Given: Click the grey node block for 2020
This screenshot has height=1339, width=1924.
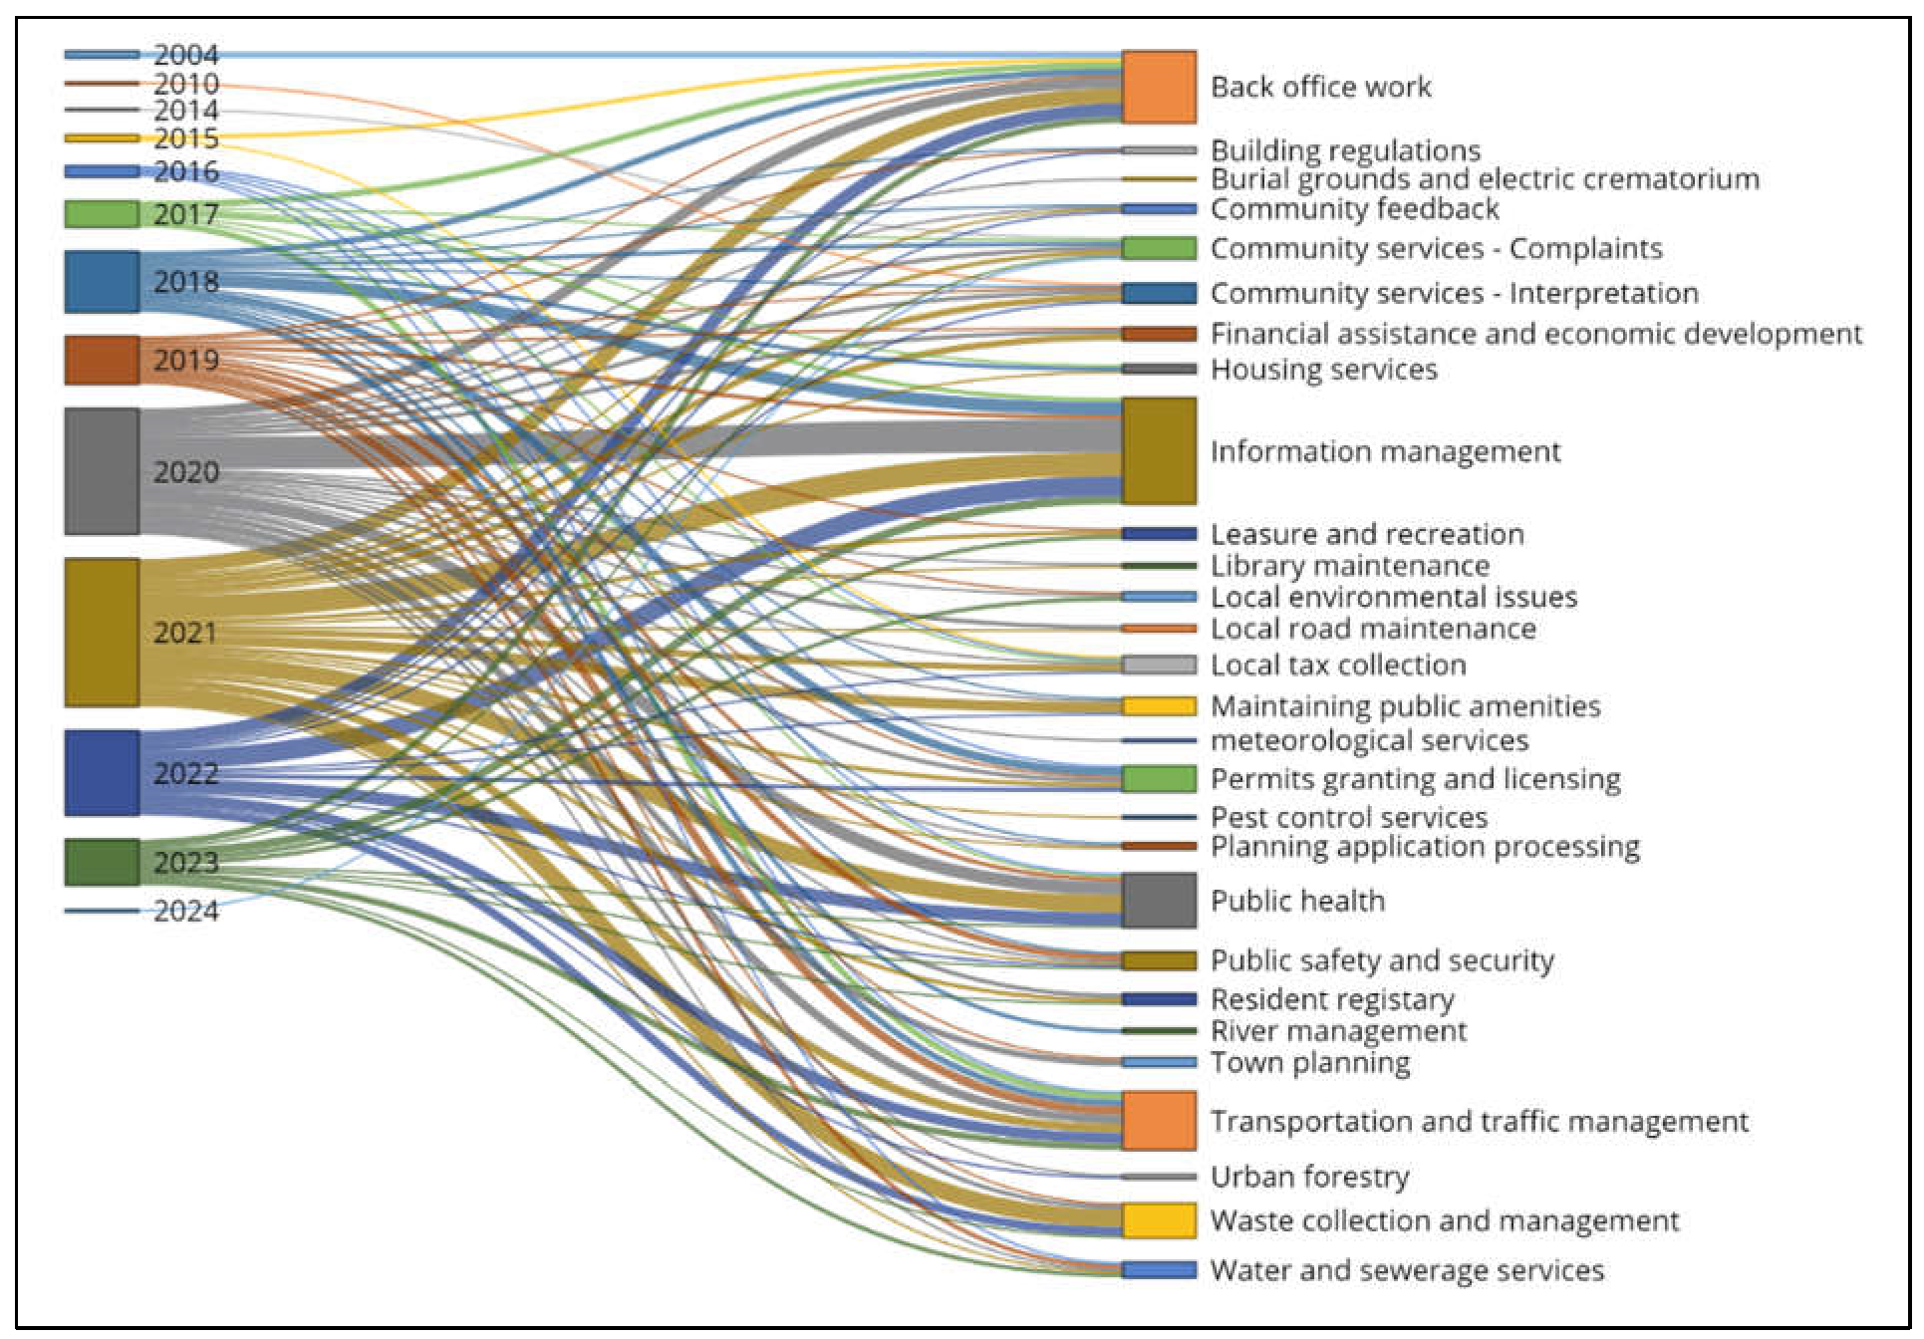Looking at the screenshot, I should pos(102,471).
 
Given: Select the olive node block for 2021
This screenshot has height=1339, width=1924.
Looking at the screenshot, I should pos(102,633).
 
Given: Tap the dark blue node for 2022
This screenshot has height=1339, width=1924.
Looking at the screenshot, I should pos(102,773).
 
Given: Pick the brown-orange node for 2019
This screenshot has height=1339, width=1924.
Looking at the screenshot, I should pos(102,360).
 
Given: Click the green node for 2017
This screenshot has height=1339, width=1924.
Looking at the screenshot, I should pos(102,214).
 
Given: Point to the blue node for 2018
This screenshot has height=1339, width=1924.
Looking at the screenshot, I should pos(102,282).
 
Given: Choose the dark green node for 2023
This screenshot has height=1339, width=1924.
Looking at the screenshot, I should pos(102,862).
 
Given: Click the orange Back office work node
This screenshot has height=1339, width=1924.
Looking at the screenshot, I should pos(1159,88).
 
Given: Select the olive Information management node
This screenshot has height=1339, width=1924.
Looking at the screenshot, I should pos(1159,451).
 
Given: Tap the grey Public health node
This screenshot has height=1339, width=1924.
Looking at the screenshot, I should pos(1159,901).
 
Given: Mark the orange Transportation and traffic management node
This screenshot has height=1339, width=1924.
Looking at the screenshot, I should pos(1159,1121).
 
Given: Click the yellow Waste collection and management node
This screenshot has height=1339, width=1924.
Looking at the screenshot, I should pos(1159,1220).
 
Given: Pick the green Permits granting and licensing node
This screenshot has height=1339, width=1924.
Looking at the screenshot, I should pos(1159,779).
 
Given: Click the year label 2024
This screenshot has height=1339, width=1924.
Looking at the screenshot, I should pos(186,912).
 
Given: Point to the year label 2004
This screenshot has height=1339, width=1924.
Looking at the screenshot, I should pos(186,55).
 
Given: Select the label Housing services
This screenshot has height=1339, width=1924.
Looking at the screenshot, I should pos(1324,370).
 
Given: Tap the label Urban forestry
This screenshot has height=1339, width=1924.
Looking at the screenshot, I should pos(1310,1177).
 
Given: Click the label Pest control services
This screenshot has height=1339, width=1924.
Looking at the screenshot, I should pos(1349,818).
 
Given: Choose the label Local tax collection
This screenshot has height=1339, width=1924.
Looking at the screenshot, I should pos(1338,665).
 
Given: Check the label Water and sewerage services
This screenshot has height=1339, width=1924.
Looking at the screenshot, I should pos(1407,1270).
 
